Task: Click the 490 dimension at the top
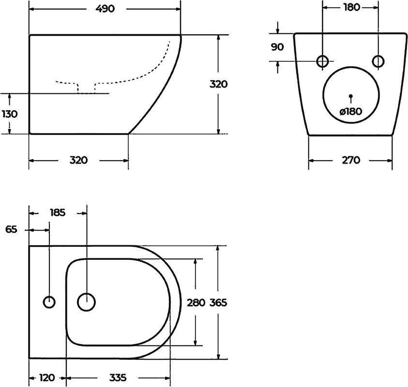(x=105, y=9)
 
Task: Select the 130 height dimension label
(x=10, y=114)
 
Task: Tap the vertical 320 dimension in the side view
(x=218, y=84)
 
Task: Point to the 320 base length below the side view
(x=78, y=161)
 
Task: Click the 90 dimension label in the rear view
(x=277, y=47)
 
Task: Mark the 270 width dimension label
(x=351, y=160)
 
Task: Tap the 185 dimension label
(x=58, y=212)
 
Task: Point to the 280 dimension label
(x=196, y=302)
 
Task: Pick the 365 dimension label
(x=218, y=302)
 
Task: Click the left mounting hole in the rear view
(x=323, y=61)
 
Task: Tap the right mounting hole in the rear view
(x=378, y=61)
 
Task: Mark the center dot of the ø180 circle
(x=351, y=95)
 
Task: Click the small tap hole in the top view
(x=49, y=302)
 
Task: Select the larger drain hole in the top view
(x=86, y=302)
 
